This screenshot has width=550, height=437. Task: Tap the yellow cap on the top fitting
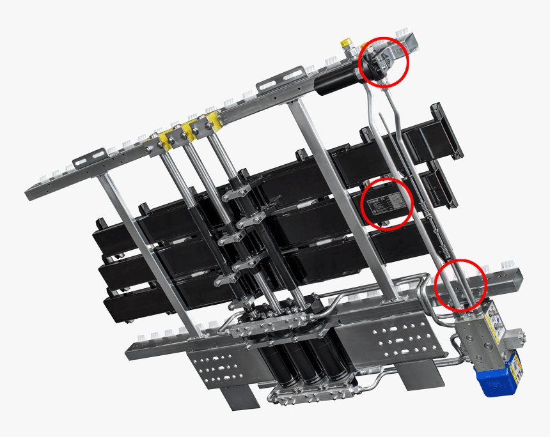[346, 43]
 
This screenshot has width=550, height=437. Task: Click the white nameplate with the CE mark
[386, 204]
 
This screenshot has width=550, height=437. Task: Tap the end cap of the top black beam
[448, 131]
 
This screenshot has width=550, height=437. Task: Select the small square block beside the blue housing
[514, 337]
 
